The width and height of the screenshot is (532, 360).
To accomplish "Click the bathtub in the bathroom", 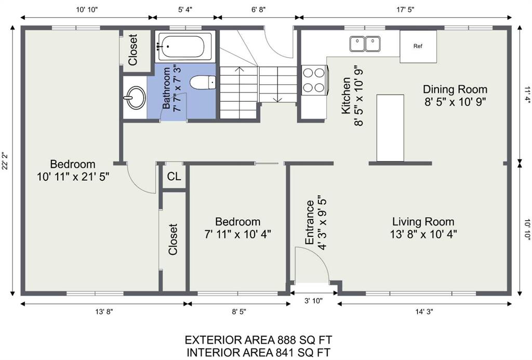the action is coord(185,46).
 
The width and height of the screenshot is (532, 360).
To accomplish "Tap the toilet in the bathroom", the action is coord(203,83).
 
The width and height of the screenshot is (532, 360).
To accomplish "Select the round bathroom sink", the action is coord(135,98).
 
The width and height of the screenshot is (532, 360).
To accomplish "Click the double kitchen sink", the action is coord(365,44).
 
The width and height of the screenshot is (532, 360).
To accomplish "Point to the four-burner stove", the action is coord(313,81).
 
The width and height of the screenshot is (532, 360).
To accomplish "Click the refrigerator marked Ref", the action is coord(418,46).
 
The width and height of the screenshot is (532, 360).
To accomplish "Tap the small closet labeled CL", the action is coord(174,177).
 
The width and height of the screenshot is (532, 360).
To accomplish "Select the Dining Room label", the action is coord(455,89).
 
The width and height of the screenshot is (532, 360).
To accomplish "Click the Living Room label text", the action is coord(423,222).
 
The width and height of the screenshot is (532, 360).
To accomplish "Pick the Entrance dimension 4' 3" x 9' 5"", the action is coord(321,222).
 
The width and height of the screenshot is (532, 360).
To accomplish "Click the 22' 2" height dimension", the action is coord(5,161).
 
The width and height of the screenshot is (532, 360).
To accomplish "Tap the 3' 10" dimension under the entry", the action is coord(313,301).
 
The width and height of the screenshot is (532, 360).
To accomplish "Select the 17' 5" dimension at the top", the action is coord(405,9).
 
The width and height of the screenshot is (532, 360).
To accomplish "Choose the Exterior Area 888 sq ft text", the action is coord(258,340).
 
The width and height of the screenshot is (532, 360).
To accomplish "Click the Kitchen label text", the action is coord(345,96).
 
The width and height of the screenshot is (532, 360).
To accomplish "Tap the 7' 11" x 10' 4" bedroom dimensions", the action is coord(237,234).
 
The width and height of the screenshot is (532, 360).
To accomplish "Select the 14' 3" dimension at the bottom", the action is coord(424,312).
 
